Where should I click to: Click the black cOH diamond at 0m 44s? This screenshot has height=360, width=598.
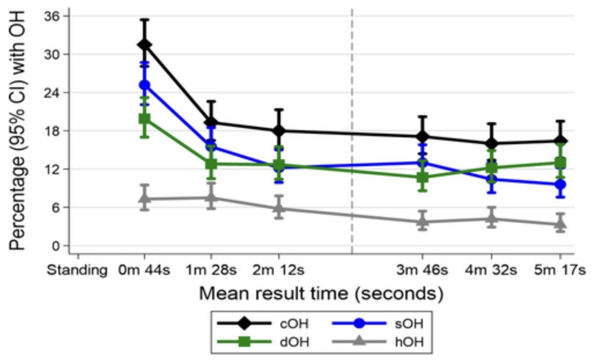click(x=145, y=45)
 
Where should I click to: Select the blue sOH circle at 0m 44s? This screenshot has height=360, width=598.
click(x=145, y=85)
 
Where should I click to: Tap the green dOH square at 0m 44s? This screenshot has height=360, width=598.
click(x=145, y=119)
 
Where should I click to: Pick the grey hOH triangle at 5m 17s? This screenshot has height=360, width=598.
click(x=560, y=224)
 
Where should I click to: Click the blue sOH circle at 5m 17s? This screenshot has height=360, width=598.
click(x=560, y=185)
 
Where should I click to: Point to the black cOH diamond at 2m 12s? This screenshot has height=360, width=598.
click(x=279, y=131)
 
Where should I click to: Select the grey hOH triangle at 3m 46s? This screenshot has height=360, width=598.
click(x=423, y=221)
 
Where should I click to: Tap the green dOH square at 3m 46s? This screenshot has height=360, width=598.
click(x=423, y=177)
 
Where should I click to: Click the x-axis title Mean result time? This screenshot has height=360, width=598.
click(x=322, y=293)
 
